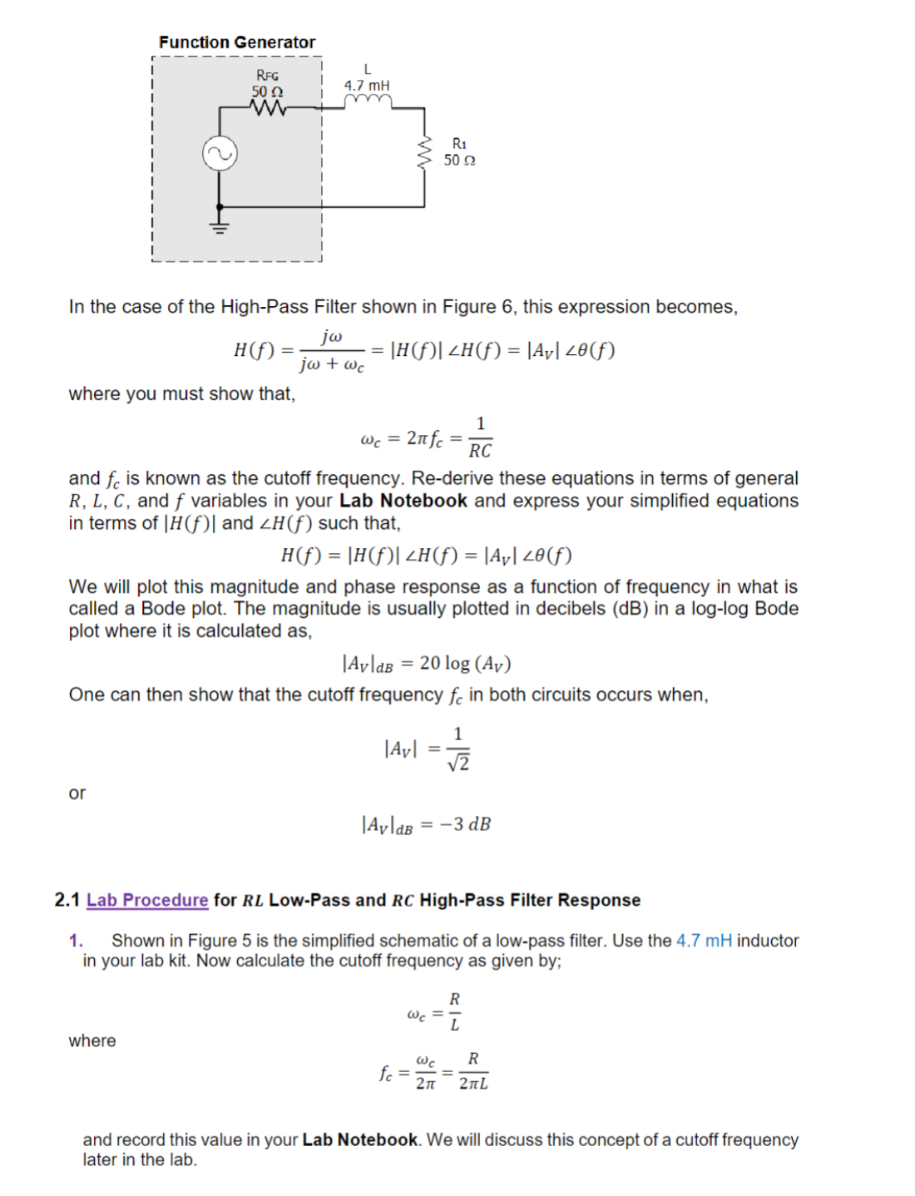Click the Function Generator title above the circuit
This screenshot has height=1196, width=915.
point(237,42)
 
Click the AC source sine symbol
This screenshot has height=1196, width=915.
point(220,154)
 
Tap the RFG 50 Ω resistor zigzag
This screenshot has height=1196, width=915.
point(268,108)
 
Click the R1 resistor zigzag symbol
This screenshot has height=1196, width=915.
point(425,152)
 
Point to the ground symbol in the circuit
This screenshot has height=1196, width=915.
point(220,225)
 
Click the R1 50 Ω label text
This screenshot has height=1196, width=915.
point(459,152)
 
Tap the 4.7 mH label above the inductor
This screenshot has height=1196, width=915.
point(367,85)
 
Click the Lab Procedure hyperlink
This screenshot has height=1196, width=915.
point(147,900)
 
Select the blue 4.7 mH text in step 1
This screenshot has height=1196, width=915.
point(704,941)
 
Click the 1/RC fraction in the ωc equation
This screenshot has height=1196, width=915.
point(480,438)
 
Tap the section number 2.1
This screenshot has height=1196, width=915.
point(67,900)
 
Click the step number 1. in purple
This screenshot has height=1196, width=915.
point(76,941)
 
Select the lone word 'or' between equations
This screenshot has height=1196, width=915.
point(77,793)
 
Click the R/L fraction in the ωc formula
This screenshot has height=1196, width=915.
point(454,1011)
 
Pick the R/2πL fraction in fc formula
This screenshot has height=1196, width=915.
point(473,1071)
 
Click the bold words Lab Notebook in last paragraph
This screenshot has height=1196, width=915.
point(359,1139)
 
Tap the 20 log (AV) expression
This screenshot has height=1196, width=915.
point(465,663)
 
